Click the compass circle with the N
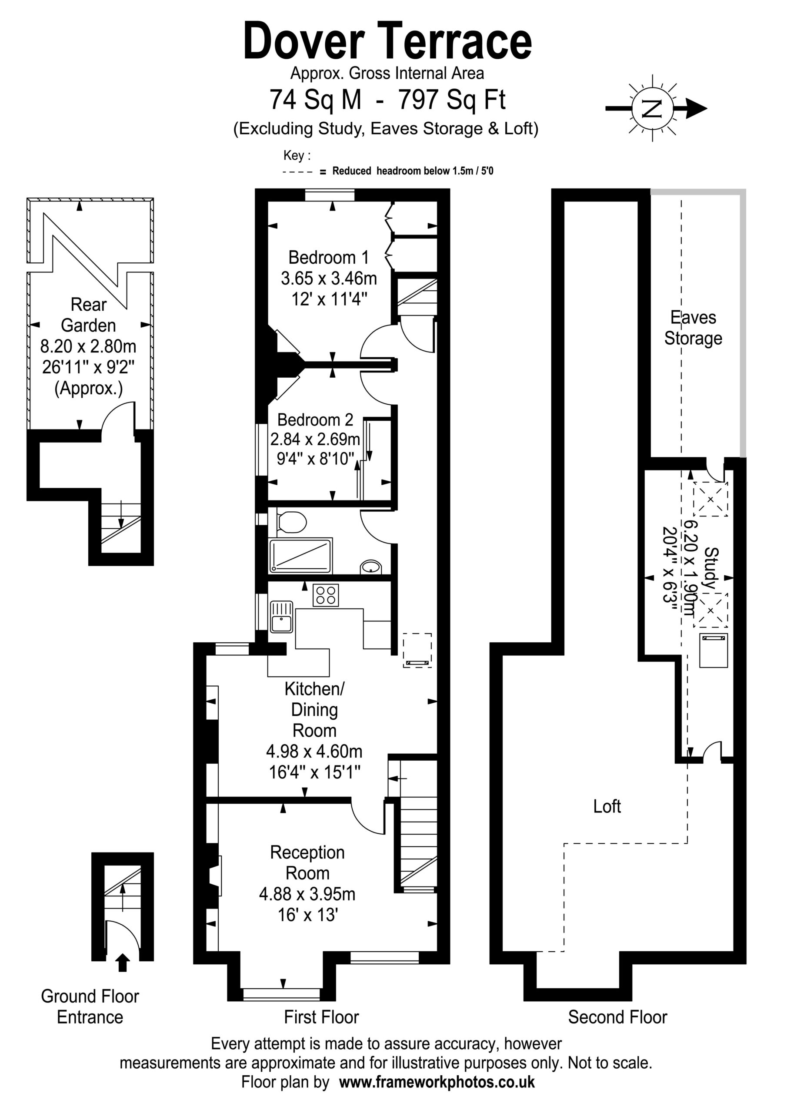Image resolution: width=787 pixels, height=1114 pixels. (652, 109)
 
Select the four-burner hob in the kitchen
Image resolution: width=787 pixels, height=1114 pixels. (326, 595)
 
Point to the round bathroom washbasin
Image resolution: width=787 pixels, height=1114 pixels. (371, 567)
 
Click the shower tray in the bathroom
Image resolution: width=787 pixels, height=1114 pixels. (300, 556)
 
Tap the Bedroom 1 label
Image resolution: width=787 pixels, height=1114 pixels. (328, 257)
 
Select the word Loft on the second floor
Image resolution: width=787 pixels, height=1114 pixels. (607, 806)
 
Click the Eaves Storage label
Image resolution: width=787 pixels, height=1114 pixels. (693, 328)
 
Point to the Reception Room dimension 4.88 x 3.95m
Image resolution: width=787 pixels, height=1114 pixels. (307, 894)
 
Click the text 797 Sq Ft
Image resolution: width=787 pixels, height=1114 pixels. (451, 100)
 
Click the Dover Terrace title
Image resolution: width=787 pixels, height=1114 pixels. (387, 41)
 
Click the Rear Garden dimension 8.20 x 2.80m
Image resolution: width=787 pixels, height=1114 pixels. (88, 346)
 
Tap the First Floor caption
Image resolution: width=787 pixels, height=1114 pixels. (321, 1017)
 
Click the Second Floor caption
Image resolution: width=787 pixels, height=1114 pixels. (617, 1017)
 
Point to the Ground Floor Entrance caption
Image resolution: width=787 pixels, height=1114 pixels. (90, 1006)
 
